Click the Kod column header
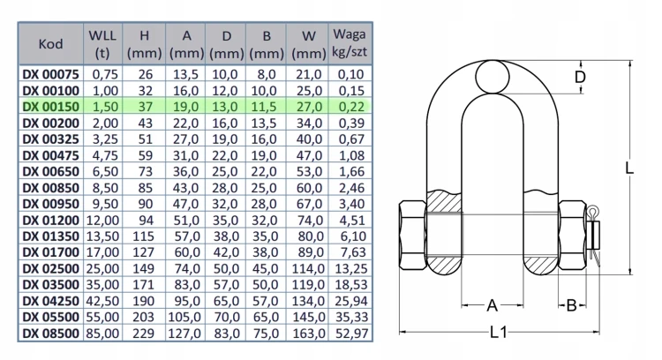50,44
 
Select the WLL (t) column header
102,44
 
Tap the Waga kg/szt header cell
350,44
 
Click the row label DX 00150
50,107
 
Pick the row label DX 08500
50,334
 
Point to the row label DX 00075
50,74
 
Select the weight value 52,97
351,334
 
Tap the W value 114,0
308,268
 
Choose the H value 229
143,334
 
